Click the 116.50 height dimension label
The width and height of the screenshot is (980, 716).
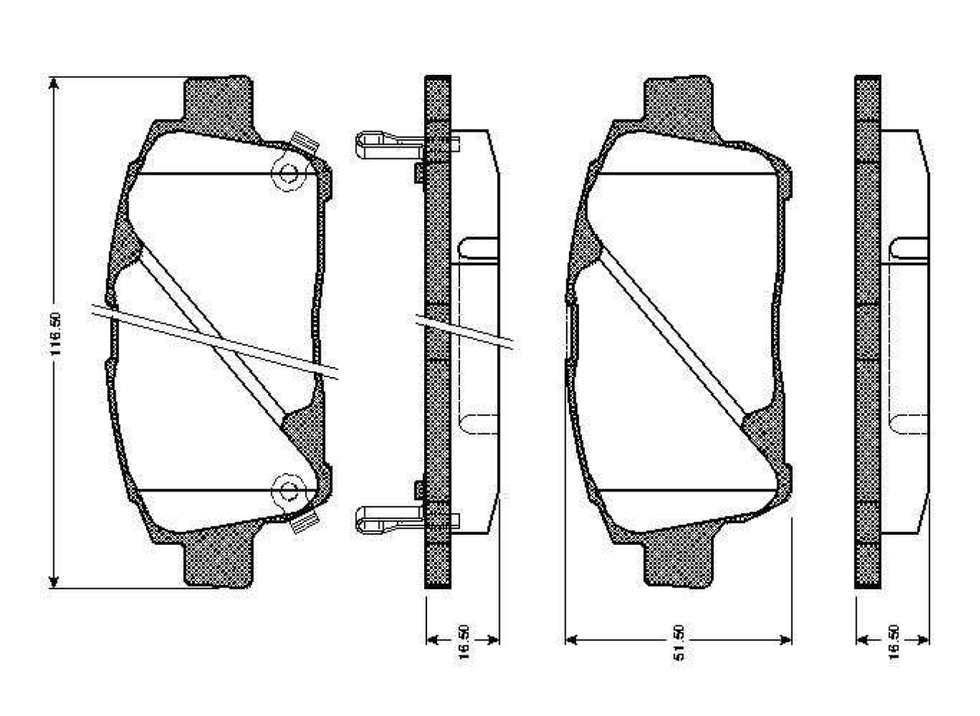[54, 334]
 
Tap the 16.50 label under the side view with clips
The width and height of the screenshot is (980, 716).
[463, 639]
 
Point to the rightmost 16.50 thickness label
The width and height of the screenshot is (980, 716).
[893, 639]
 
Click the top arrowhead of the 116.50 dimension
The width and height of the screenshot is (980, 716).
[54, 83]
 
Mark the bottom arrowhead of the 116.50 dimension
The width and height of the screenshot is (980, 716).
[54, 582]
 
